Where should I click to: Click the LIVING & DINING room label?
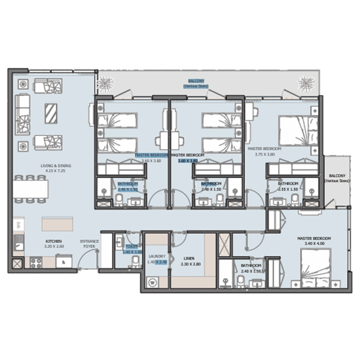coord(56,166)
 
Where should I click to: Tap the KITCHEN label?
coord(53,242)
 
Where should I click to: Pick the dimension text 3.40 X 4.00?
coord(317,243)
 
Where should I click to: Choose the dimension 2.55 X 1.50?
coord(288,189)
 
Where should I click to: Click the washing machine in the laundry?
coord(152,281)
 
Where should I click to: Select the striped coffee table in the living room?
coord(50,113)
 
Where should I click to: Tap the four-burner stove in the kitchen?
coord(37,263)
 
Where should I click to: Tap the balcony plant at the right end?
coord(305,83)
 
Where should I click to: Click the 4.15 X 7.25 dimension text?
coord(56,171)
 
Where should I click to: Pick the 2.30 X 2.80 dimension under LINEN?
coord(190,264)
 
